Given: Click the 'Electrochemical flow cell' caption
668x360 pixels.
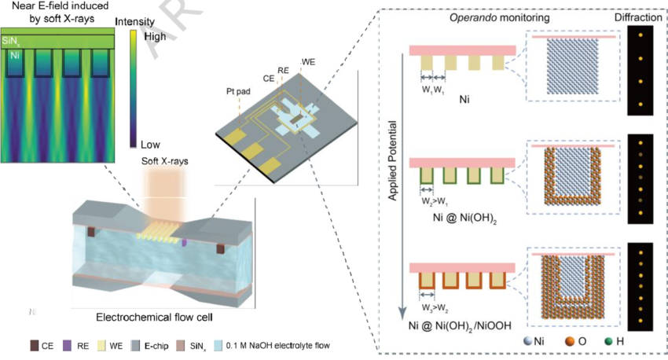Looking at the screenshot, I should pyautogui.click(x=149, y=318).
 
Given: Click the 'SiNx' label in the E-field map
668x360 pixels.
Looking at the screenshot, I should pyautogui.click(x=14, y=39).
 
